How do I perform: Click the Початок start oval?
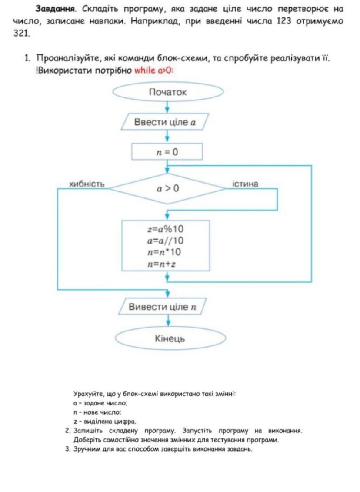click(x=167, y=92)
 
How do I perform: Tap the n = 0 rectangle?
click(x=167, y=152)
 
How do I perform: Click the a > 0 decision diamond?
click(x=167, y=188)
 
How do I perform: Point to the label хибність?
click(x=87, y=184)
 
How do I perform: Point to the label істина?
click(x=246, y=184)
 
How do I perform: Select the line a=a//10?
click(x=166, y=241)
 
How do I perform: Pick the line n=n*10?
click(x=166, y=252)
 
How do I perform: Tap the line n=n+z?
click(x=166, y=263)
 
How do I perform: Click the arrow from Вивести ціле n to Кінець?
click(x=167, y=321)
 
